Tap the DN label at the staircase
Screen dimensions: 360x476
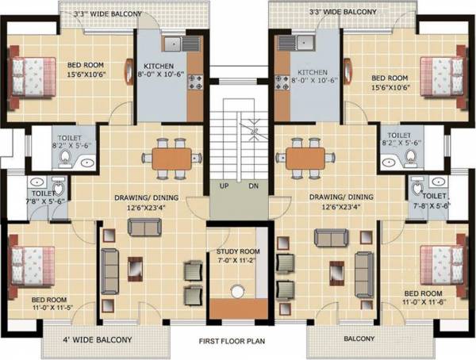click(253, 186)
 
